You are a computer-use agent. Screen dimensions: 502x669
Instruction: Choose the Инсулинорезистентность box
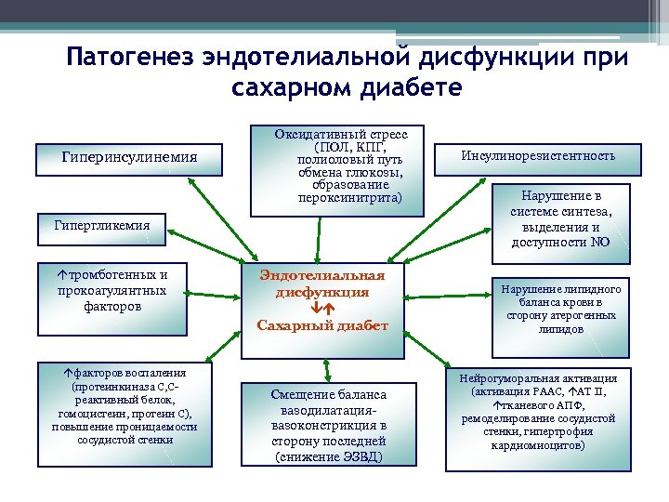click(538, 155)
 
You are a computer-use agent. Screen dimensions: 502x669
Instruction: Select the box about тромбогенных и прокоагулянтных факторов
click(111, 290)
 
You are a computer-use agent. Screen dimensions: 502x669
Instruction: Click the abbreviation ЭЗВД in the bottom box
click(361, 456)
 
